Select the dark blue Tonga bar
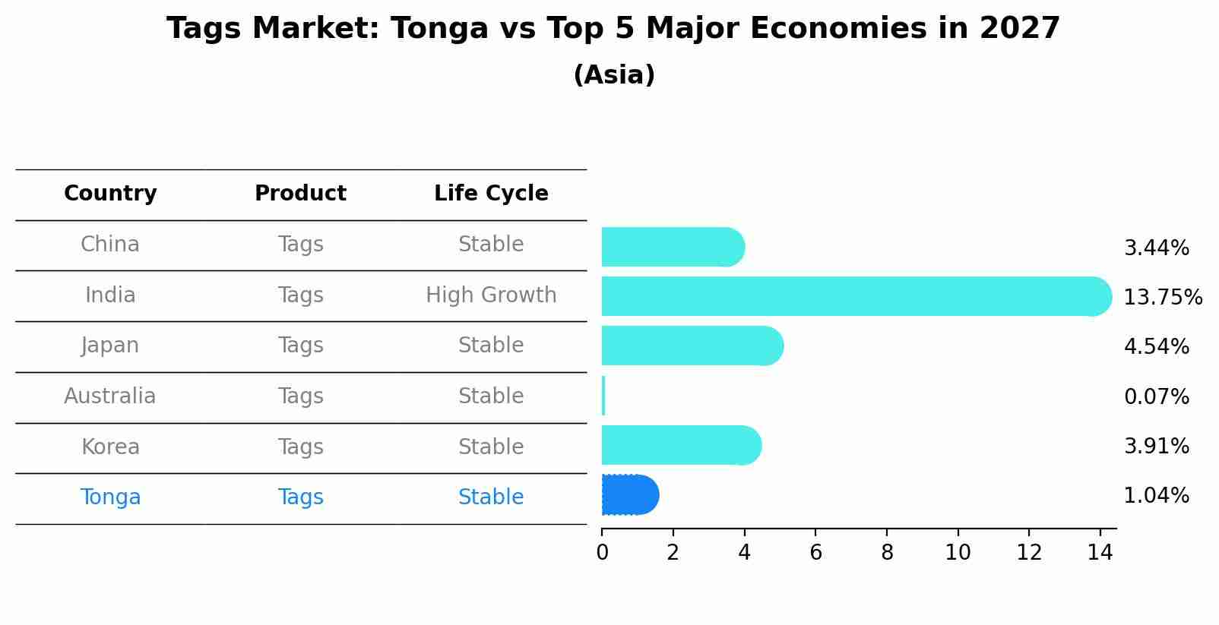point(629,495)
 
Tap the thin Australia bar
point(603,396)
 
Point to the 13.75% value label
point(1162,297)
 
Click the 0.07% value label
point(1156,396)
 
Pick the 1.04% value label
point(1156,496)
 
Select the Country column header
point(110,194)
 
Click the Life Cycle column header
point(491,194)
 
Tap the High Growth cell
point(491,295)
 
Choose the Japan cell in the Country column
point(110,346)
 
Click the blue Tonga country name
point(110,497)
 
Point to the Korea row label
point(110,447)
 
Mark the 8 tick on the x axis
point(887,553)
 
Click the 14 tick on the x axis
point(1100,553)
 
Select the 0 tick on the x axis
point(602,553)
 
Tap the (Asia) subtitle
point(614,75)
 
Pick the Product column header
point(300,194)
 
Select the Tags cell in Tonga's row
point(300,497)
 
